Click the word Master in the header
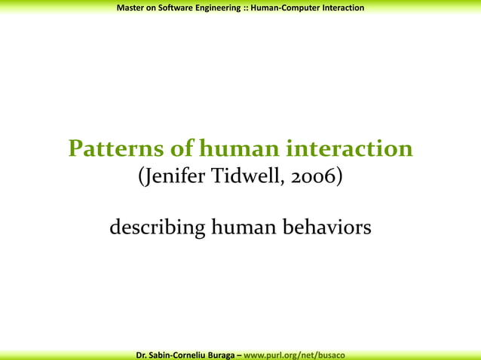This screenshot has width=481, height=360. tap(132, 8)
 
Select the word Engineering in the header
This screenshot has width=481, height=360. tap(221, 8)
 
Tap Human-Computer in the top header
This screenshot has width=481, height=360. tap(286, 8)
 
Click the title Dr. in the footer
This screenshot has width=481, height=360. tap(141, 354)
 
